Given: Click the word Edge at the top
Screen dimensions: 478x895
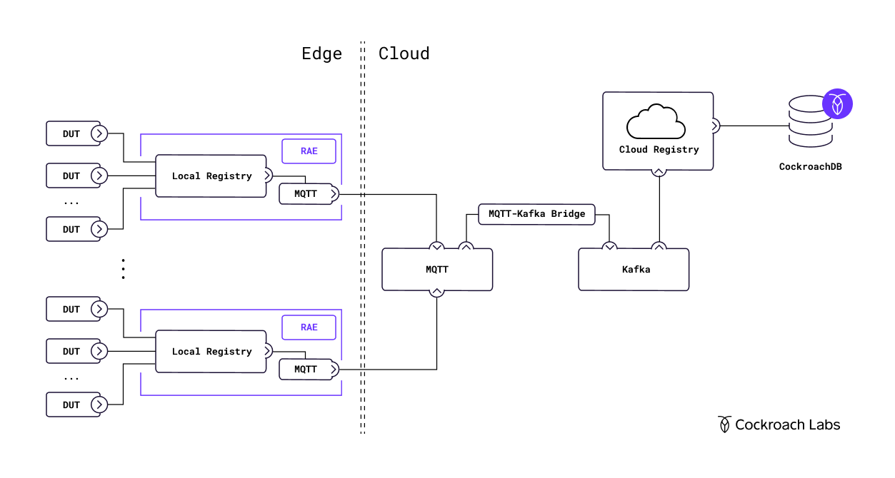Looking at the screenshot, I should tap(321, 54).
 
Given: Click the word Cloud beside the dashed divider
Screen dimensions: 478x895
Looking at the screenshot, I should tap(404, 54).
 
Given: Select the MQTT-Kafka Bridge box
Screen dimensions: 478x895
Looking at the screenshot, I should tap(536, 214).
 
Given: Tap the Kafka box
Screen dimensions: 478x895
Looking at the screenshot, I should tap(634, 270).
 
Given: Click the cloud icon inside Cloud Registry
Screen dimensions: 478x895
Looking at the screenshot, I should tap(656, 122).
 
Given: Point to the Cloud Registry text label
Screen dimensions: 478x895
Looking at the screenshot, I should tap(659, 150).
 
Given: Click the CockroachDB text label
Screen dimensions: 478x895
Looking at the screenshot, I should tap(810, 167).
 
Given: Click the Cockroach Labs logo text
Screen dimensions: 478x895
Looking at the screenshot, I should tap(779, 425).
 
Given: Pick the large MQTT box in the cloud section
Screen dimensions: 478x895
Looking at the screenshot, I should tap(437, 270).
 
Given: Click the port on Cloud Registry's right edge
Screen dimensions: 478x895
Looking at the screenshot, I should tap(714, 126).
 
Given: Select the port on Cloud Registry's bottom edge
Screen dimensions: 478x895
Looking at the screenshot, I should tap(659, 171).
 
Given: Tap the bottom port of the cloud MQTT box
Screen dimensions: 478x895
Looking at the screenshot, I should tap(437, 291).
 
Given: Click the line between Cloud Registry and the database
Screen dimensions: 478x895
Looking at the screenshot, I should tap(754, 126).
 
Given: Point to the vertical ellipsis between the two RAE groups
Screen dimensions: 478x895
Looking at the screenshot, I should tap(123, 269).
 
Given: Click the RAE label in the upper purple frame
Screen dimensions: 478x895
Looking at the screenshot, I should tap(309, 151).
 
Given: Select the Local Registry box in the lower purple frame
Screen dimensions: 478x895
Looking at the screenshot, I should tap(211, 352).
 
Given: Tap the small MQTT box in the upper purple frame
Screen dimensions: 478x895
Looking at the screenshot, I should tap(306, 194).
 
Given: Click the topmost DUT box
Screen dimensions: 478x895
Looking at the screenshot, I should tap(72, 133).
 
